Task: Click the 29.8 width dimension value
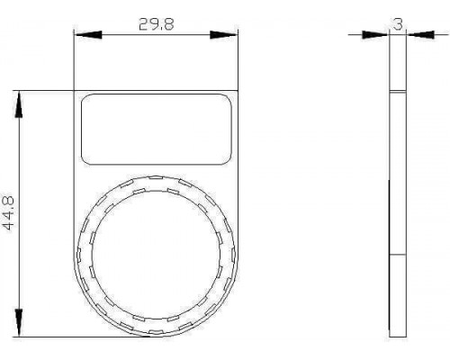pos(156,24)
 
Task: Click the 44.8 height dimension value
pos(8,213)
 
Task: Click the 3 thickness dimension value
pos(398,24)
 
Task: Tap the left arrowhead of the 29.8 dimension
pos(89,35)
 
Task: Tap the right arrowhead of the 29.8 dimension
pos(223,35)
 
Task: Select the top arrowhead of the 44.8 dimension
pos(19,104)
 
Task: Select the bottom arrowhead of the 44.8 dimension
pos(19,323)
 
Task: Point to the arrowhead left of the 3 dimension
pos(375,35)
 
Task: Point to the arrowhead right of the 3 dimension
pos(420,35)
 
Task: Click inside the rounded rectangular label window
pos(157,130)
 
